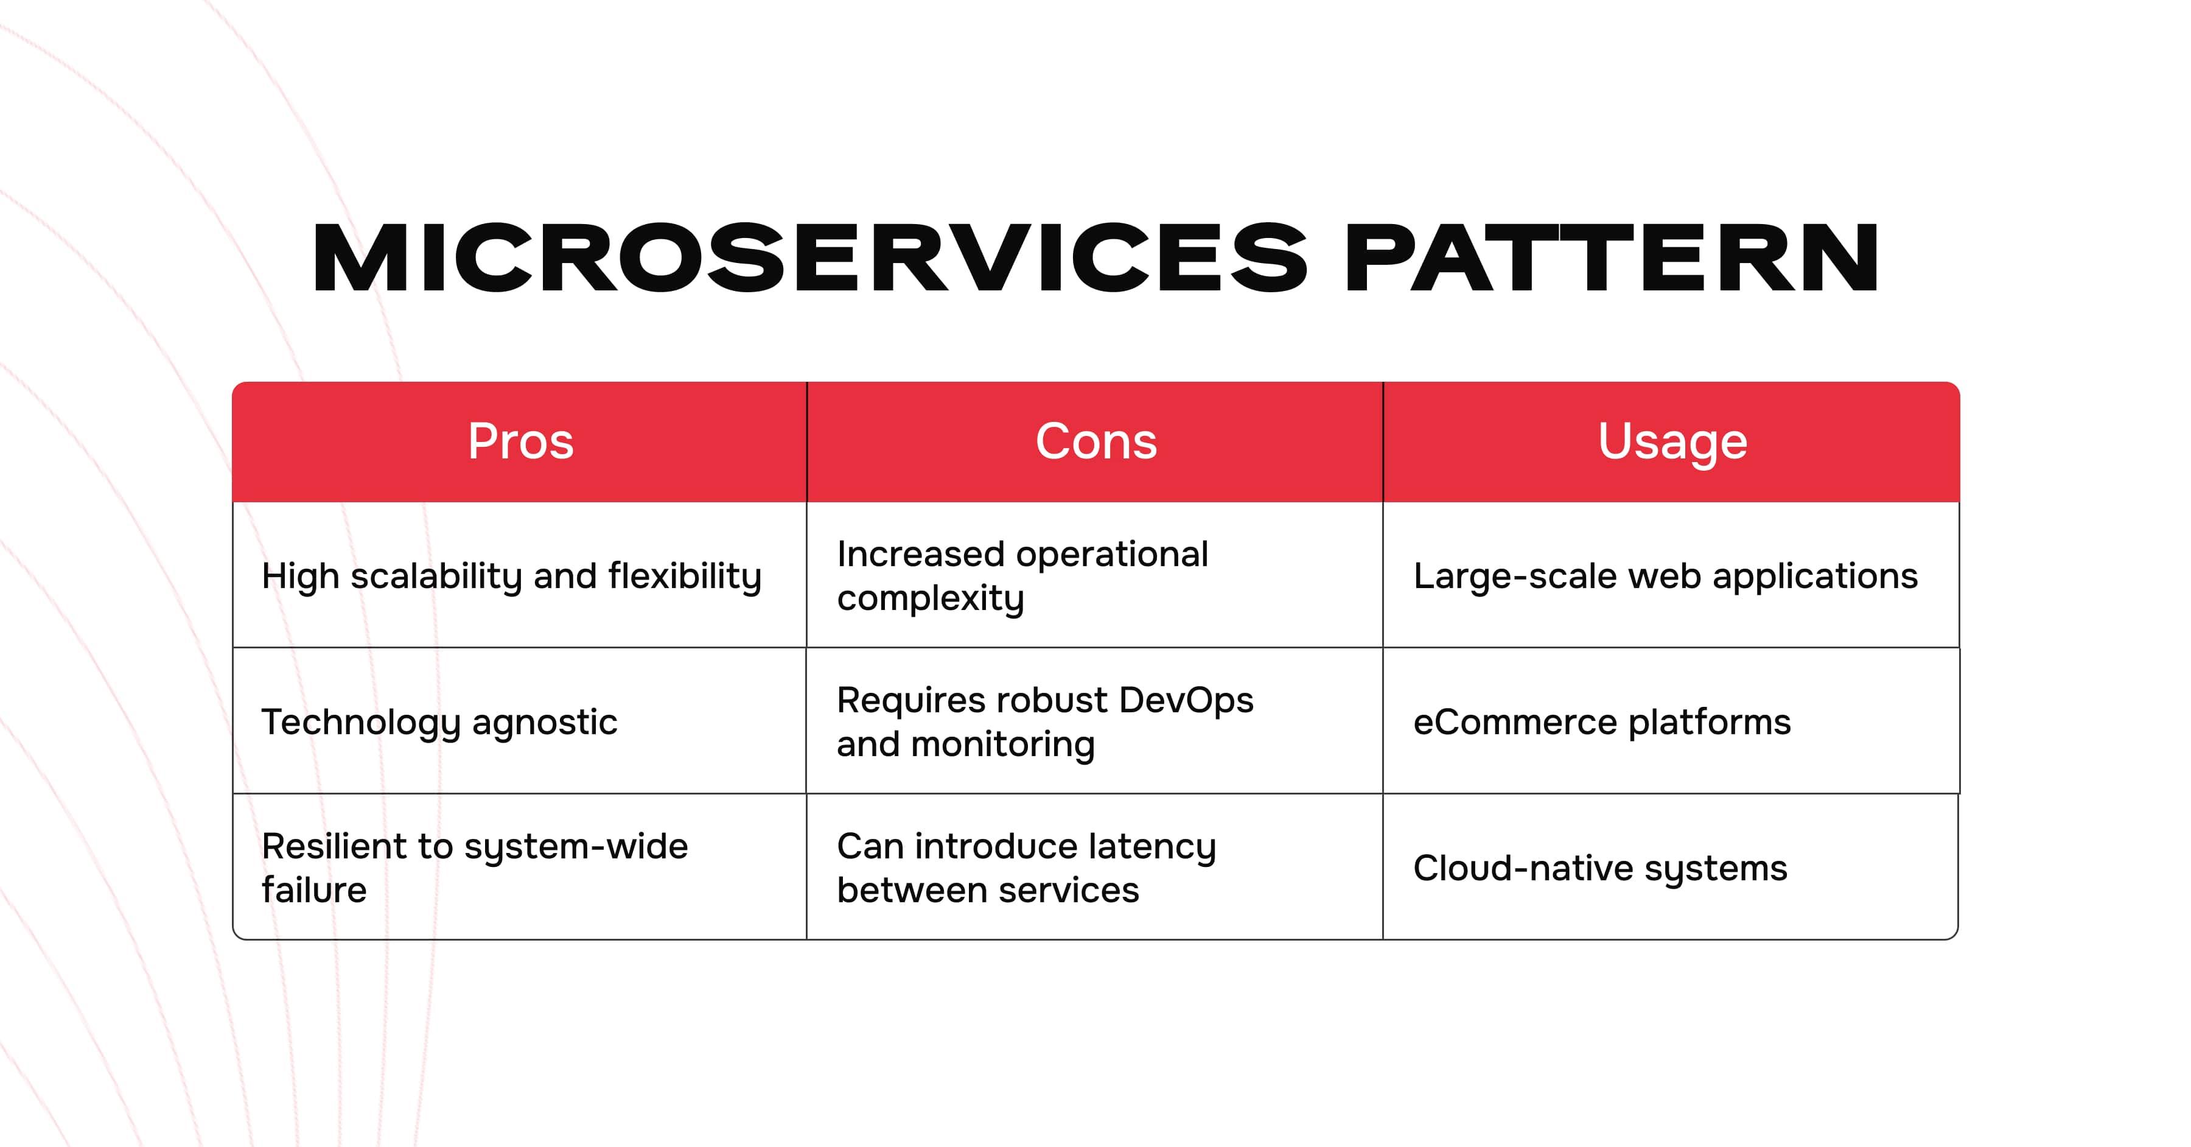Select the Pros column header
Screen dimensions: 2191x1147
click(x=520, y=441)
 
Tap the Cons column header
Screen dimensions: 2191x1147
click(x=1095, y=441)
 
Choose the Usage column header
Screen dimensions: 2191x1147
click(x=1672, y=441)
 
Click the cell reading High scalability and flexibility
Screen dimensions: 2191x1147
click(x=520, y=575)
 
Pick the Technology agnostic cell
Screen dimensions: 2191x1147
click(x=520, y=721)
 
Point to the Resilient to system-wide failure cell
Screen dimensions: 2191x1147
click(x=520, y=867)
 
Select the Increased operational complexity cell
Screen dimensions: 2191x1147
click(x=1095, y=575)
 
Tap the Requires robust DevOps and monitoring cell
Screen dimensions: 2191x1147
click(x=1095, y=721)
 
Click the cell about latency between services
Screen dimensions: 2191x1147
click(x=1095, y=867)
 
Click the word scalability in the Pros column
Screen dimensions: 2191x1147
click(x=436, y=577)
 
